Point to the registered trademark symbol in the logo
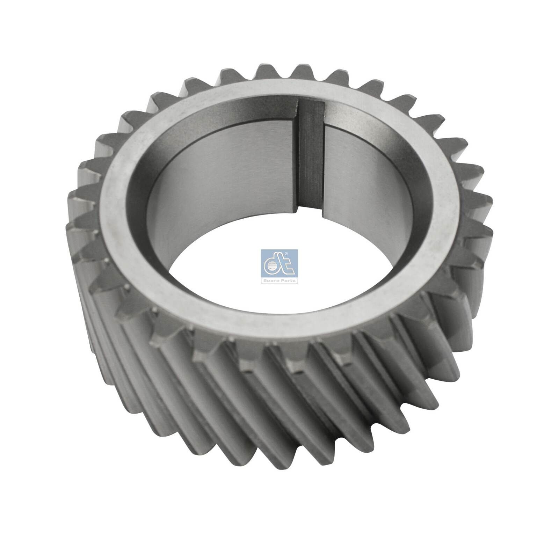coord(295,252)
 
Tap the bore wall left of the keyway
coord(217,175)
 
